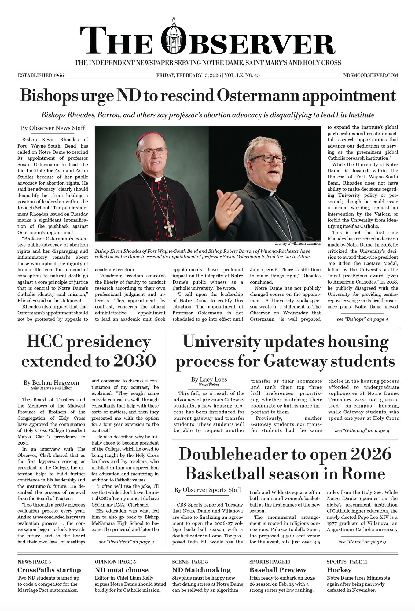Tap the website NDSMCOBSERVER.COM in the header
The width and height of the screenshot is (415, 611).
coord(370,75)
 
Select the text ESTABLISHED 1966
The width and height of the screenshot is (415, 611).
coord(41,75)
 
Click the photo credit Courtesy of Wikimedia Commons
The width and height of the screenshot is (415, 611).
coord(297,243)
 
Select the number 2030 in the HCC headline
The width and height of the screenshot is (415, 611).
coord(134,361)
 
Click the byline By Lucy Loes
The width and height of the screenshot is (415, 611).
coord(209,379)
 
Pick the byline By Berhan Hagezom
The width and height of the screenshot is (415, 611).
coord(51,382)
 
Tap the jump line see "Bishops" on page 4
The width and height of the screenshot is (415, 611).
coord(362,319)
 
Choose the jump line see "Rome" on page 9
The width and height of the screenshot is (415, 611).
coord(362,542)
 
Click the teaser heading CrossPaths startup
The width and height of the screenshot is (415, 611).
coord(49,570)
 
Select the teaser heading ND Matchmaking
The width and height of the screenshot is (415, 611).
coord(201,570)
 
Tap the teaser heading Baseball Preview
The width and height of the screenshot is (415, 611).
coord(277,570)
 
